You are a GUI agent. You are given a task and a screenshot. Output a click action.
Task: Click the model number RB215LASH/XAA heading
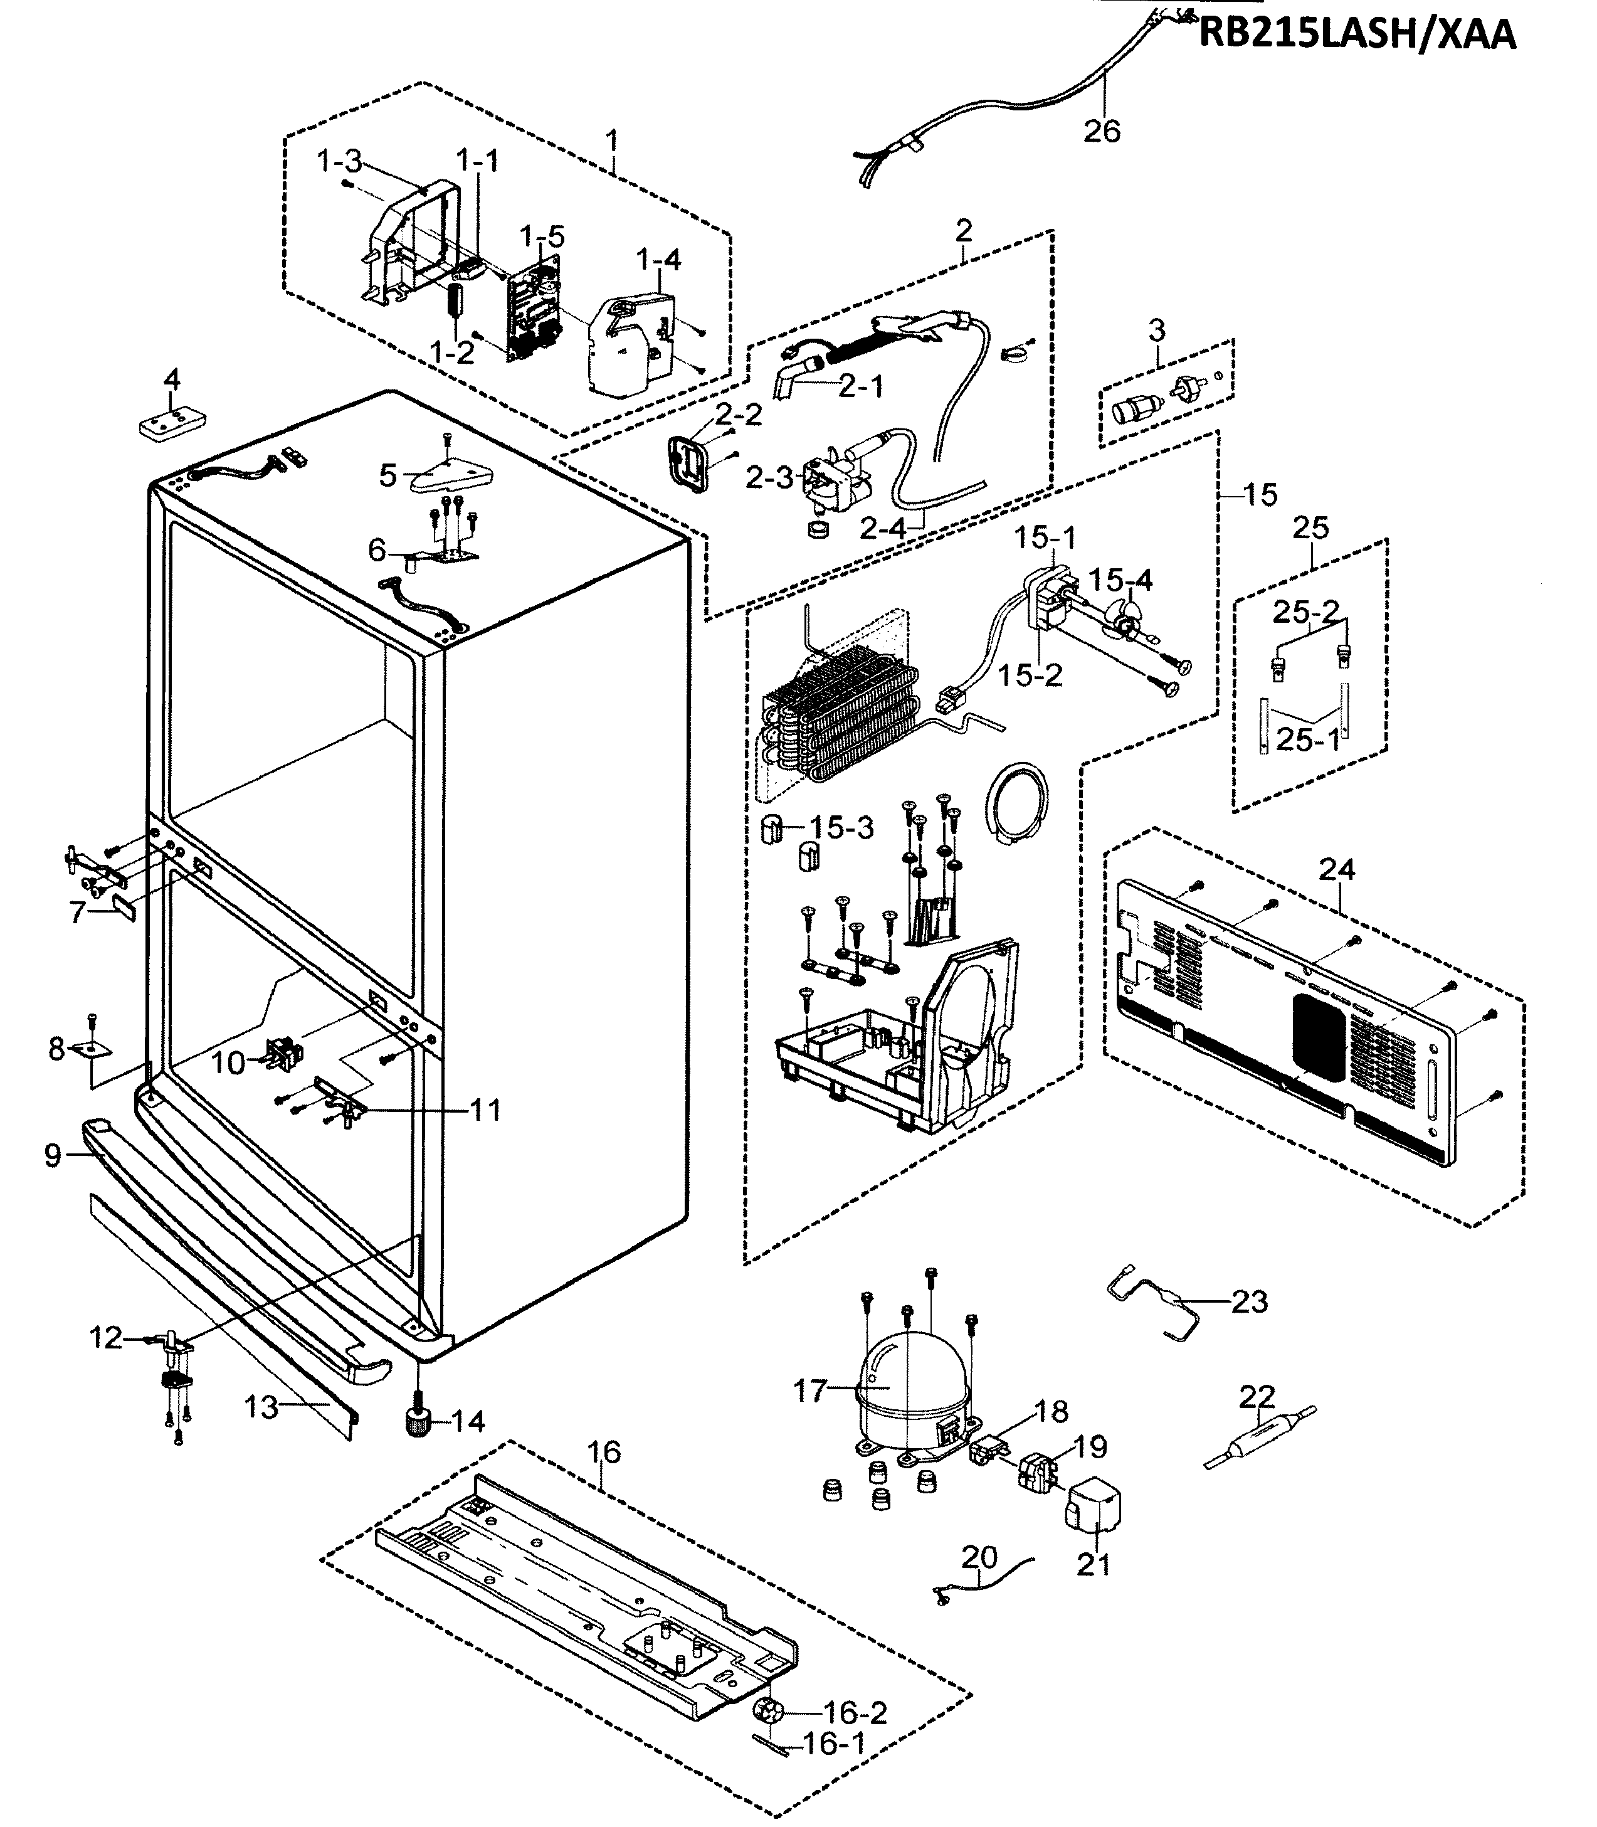pyautogui.click(x=1356, y=33)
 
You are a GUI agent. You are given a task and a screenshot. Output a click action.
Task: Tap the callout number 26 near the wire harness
pyautogui.click(x=1102, y=131)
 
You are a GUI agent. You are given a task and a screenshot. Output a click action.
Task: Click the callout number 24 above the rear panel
pyautogui.click(x=1337, y=869)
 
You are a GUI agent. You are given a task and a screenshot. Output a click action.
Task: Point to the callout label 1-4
pyautogui.click(x=658, y=260)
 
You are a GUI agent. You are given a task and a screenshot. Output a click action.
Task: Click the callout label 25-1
pyautogui.click(x=1307, y=739)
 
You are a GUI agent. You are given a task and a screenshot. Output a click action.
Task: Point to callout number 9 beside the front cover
pyautogui.click(x=53, y=1156)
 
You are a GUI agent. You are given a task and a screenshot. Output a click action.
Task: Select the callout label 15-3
pyautogui.click(x=841, y=827)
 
